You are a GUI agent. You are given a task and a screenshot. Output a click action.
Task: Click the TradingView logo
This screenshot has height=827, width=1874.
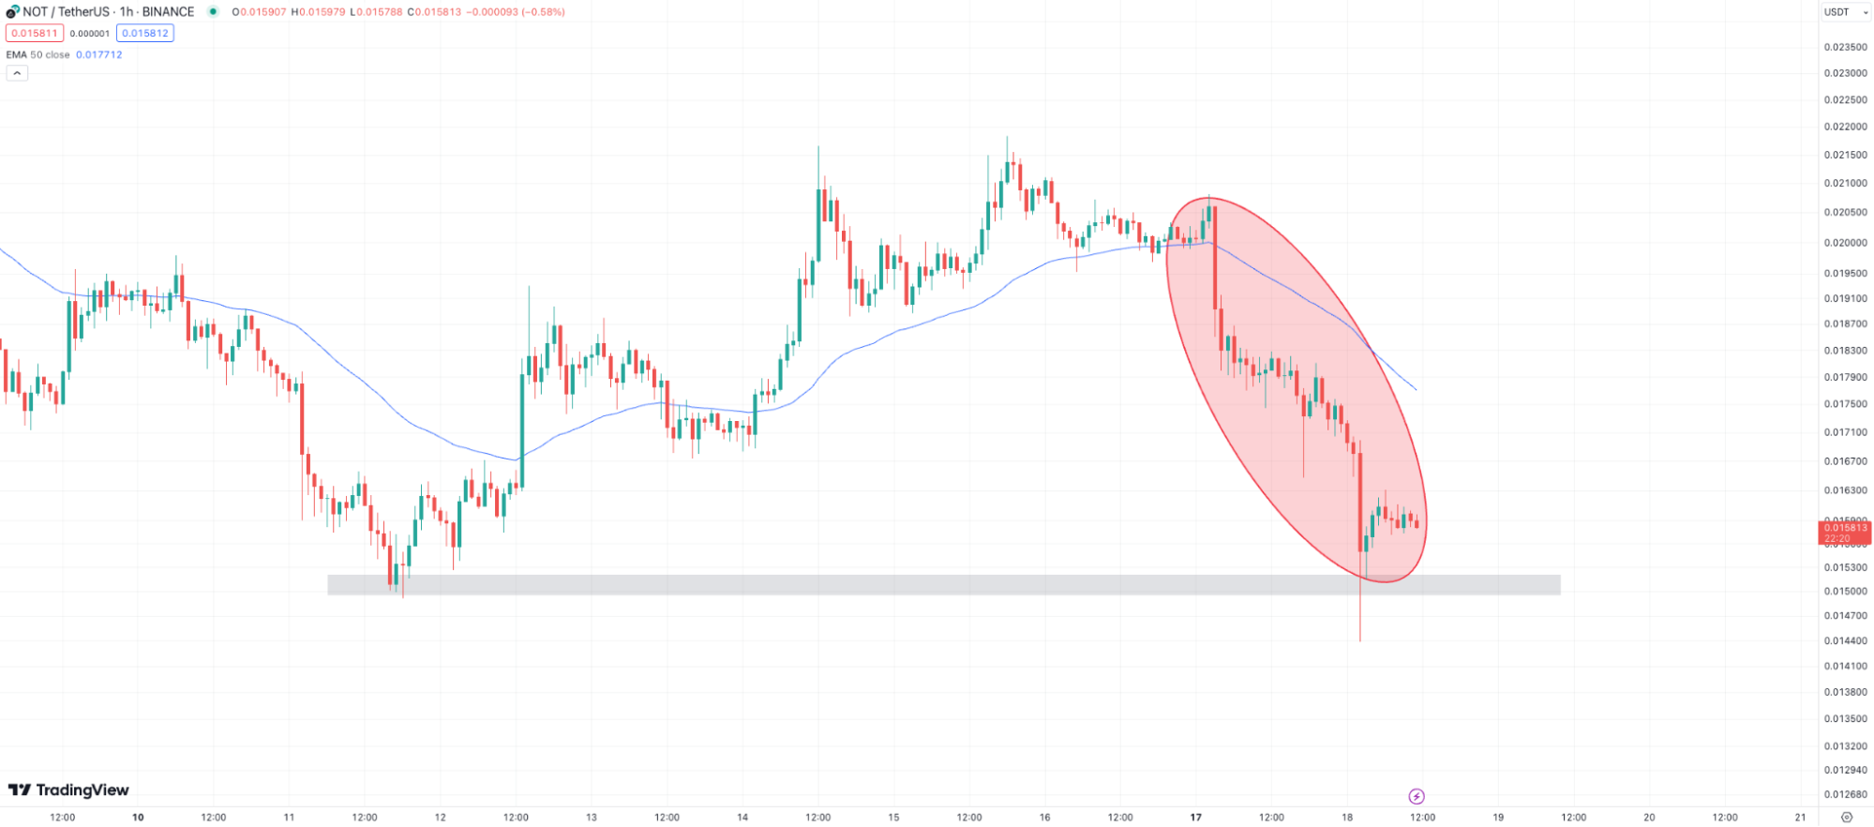point(68,790)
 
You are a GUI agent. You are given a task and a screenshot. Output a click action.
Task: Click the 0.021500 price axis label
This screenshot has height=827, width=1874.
point(1844,155)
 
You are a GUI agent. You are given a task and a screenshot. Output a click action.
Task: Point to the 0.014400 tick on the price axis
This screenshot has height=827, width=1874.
point(1844,641)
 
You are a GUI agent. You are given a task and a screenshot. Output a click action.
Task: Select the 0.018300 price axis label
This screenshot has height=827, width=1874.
point(1844,351)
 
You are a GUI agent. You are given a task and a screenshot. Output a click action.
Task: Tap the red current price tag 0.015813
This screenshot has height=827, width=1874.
point(1844,533)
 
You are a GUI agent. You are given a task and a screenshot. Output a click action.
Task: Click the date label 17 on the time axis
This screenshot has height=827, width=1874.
point(1195,818)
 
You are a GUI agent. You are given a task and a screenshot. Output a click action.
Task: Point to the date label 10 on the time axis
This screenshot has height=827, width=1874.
point(138,818)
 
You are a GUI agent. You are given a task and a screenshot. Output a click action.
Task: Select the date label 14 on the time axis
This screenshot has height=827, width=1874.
point(742,818)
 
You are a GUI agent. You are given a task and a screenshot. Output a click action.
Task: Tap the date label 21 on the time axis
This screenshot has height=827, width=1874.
point(1800,818)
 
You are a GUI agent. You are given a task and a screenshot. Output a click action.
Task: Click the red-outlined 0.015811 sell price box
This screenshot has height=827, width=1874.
point(35,34)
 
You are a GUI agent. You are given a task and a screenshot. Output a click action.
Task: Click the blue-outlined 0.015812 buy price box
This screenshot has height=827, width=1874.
point(145,34)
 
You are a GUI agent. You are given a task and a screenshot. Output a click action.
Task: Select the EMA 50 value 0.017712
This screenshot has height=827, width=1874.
point(99,54)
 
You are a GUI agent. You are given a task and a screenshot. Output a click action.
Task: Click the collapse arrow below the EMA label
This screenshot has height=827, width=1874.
point(17,73)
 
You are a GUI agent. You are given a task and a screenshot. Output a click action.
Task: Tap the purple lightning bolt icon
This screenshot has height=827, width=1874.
point(1417,796)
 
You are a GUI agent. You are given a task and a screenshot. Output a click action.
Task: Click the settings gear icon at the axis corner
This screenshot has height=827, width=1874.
point(1846,818)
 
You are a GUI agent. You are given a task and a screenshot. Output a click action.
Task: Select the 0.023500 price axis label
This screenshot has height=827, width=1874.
point(1844,47)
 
